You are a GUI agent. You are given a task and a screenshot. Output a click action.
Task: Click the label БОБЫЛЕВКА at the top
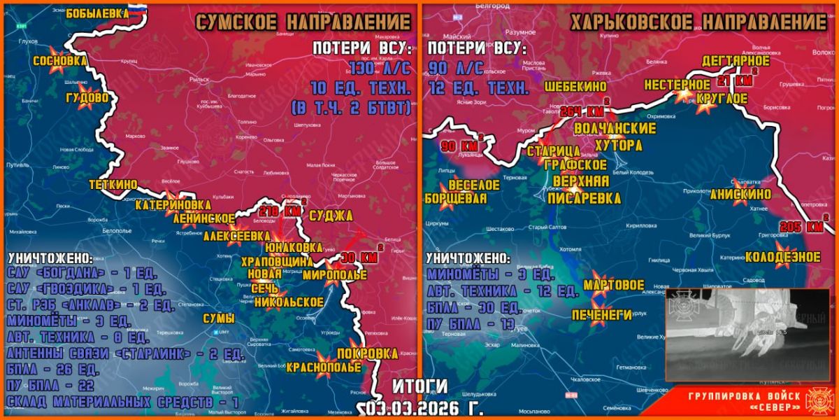pyautogui.click(x=98, y=12)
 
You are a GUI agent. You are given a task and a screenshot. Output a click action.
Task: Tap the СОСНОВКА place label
pyautogui.click(x=59, y=60)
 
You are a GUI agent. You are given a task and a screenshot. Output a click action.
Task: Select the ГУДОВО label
pyautogui.click(x=87, y=98)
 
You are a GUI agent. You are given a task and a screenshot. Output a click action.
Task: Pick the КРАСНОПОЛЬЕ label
pyautogui.click(x=324, y=367)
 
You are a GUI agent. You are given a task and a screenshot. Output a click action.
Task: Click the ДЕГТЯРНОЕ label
pyautogui.click(x=736, y=61)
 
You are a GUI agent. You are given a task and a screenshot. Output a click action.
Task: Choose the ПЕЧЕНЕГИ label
pyautogui.click(x=601, y=314)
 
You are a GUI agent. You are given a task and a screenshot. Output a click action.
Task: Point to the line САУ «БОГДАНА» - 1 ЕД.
pyautogui.click(x=83, y=272)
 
